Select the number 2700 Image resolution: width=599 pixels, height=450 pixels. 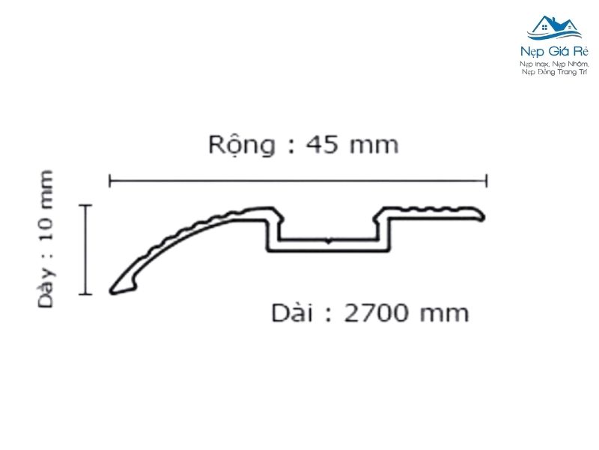point(377,312)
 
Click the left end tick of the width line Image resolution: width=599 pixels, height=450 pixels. point(110,180)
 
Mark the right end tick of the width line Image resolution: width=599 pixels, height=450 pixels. point(487,180)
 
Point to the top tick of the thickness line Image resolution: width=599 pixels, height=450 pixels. point(86,205)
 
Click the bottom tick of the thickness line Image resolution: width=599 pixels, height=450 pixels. point(86,293)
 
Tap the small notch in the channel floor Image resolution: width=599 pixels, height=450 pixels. point(328,241)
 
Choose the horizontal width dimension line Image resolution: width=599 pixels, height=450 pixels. point(299,180)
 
